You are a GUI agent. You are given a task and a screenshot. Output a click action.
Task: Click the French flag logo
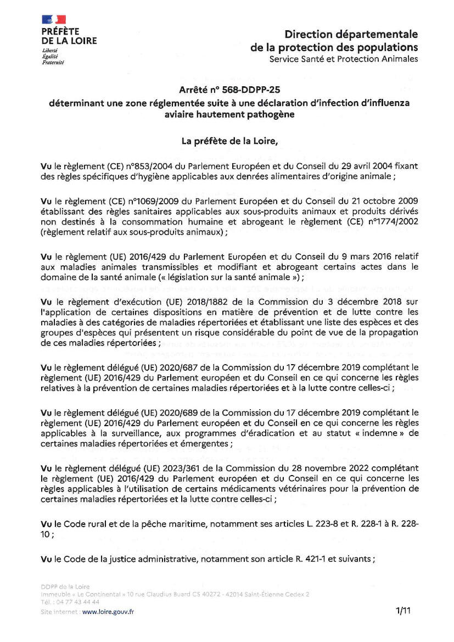pyautogui.click(x=54, y=20)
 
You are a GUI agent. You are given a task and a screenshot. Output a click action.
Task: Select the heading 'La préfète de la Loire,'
pyautogui.click(x=229, y=141)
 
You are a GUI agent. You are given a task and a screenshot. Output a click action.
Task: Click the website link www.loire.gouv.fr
pyautogui.click(x=108, y=611)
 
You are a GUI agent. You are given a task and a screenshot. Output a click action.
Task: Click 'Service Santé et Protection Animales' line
pyautogui.click(x=343, y=59)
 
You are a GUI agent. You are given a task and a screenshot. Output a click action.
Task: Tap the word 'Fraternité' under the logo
pyautogui.click(x=53, y=63)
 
